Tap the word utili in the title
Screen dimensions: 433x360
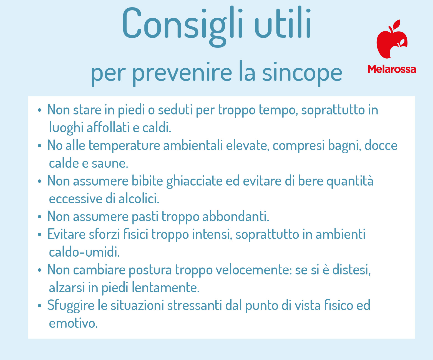(283, 23)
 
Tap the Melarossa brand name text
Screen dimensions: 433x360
(392, 69)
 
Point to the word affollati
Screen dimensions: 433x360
(108, 127)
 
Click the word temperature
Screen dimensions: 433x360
(124, 146)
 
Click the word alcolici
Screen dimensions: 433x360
(139, 199)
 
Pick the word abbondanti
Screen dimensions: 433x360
(236, 216)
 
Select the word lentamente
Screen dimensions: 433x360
(165, 287)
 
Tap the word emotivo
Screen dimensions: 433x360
(73, 324)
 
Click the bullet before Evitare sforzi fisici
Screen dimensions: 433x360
(40, 235)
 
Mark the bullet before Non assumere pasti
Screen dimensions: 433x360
(40, 217)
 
